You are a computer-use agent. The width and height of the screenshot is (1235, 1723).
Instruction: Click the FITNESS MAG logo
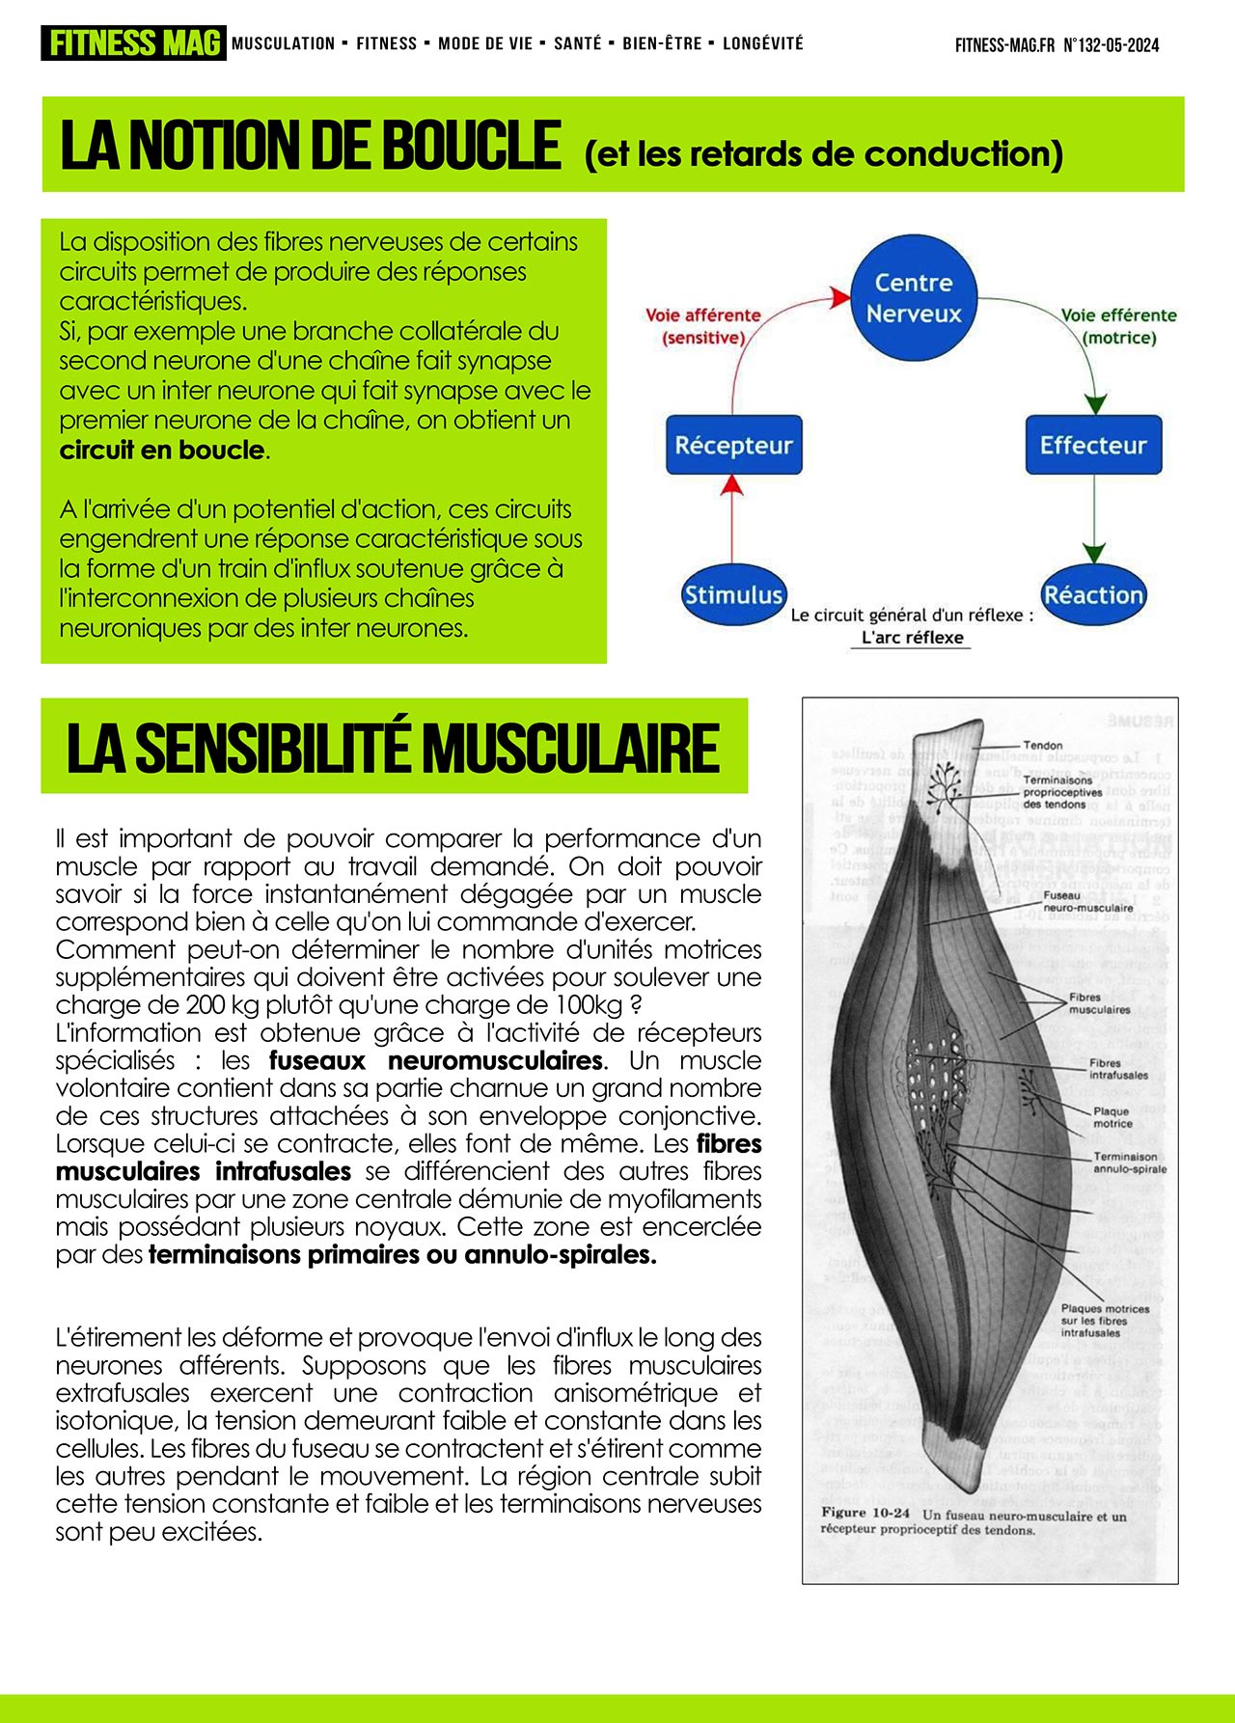point(133,43)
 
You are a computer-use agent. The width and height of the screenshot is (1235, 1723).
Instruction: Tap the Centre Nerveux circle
point(914,298)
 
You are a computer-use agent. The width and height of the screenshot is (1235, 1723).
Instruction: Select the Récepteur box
point(733,446)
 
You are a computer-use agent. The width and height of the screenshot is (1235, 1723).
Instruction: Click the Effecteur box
point(1093,446)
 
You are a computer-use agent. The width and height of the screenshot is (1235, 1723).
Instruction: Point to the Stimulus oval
point(733,595)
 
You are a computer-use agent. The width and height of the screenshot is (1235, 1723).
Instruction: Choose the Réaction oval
point(1093,595)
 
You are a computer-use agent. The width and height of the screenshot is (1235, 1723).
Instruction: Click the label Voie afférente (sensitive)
point(703,326)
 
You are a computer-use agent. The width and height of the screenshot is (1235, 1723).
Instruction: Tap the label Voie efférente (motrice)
point(1119,326)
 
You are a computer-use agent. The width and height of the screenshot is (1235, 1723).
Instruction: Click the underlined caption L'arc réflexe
point(913,638)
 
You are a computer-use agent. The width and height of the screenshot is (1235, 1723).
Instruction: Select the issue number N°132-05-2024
point(1111,45)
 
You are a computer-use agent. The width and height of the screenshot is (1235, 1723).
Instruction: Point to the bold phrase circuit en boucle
point(161,451)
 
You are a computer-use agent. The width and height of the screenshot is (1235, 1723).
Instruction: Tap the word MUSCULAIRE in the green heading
point(570,748)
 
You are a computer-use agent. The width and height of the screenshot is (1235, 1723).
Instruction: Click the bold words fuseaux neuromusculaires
point(436,1061)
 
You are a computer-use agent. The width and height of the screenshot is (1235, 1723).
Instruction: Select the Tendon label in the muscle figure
point(1042,746)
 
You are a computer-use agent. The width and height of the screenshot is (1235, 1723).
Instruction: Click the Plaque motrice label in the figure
point(1111,1117)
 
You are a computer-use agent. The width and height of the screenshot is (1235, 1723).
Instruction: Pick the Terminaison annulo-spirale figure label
point(1129,1162)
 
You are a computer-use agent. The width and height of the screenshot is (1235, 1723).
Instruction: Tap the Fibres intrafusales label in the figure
point(1118,1069)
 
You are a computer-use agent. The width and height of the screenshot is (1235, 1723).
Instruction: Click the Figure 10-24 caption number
point(865,1513)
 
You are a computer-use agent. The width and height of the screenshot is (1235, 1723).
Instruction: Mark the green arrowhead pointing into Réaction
point(1093,553)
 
